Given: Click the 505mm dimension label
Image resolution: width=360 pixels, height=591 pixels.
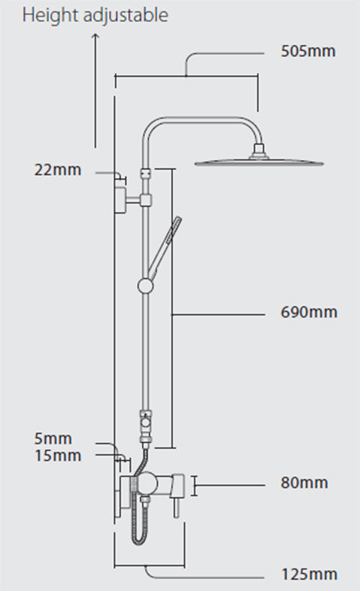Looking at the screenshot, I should tap(307, 52).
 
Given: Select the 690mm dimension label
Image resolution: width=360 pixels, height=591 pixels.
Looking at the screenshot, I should tap(308, 312).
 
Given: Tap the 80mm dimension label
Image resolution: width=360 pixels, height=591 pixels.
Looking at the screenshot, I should tap(304, 482).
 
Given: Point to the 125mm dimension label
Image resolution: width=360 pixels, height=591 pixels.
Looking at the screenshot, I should tap(308, 575).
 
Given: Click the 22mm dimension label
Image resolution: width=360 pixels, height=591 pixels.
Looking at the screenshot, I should tap(57, 169).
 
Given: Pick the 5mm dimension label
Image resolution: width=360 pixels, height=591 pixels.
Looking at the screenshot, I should tap(53, 438).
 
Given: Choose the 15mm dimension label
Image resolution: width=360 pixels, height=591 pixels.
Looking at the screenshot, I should tap(57, 455).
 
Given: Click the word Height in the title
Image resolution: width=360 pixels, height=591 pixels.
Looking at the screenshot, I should tap(46, 15).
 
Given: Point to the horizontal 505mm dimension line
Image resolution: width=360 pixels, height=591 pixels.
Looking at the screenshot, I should tap(186, 74).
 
